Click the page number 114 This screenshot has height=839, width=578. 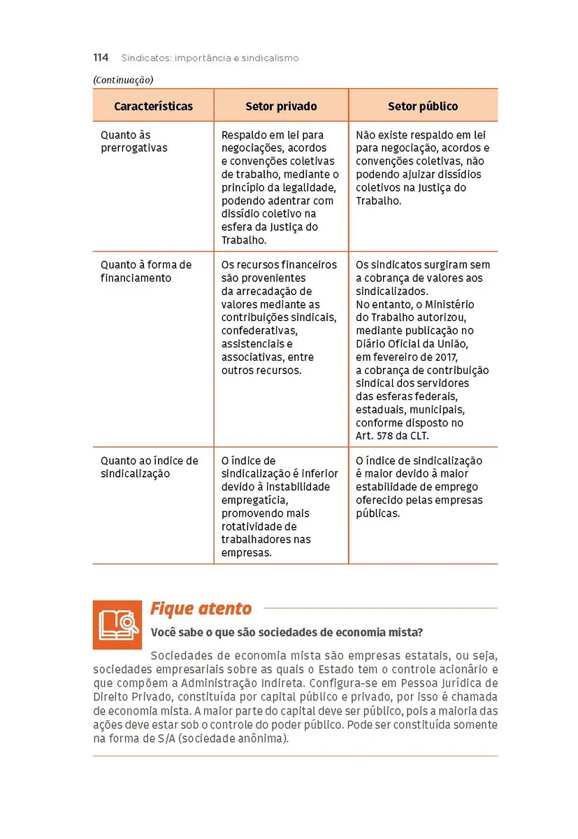[101, 58]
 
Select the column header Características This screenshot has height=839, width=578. [153, 107]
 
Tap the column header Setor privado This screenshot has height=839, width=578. [281, 107]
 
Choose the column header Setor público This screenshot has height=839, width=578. [423, 107]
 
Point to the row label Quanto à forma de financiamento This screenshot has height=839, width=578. [145, 271]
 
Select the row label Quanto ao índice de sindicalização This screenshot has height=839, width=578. [149, 467]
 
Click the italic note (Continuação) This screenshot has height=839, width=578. [122, 80]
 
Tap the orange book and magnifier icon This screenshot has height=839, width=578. [117, 624]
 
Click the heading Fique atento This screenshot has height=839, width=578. [201, 609]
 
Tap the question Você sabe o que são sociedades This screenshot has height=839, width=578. [287, 633]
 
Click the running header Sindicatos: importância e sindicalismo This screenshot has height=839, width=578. [210, 58]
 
